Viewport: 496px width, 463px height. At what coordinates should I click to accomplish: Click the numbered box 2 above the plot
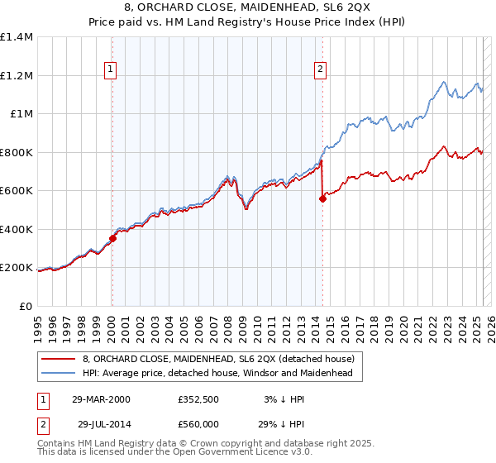tap(320, 70)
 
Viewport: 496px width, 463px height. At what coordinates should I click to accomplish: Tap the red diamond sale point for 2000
tap(112, 238)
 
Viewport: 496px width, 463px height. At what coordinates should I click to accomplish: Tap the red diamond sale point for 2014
tap(322, 198)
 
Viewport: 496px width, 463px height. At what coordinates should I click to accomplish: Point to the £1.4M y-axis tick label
tap(17, 37)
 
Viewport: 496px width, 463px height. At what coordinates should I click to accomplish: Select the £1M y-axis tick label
tap(21, 114)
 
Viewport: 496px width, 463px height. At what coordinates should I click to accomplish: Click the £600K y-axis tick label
tap(17, 191)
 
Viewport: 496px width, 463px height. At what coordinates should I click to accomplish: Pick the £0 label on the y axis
tap(26, 306)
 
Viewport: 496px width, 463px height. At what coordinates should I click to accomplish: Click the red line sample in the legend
tap(58, 359)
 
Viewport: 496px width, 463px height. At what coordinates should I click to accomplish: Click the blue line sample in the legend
tap(58, 373)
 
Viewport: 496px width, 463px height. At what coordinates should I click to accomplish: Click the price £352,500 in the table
tap(197, 400)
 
